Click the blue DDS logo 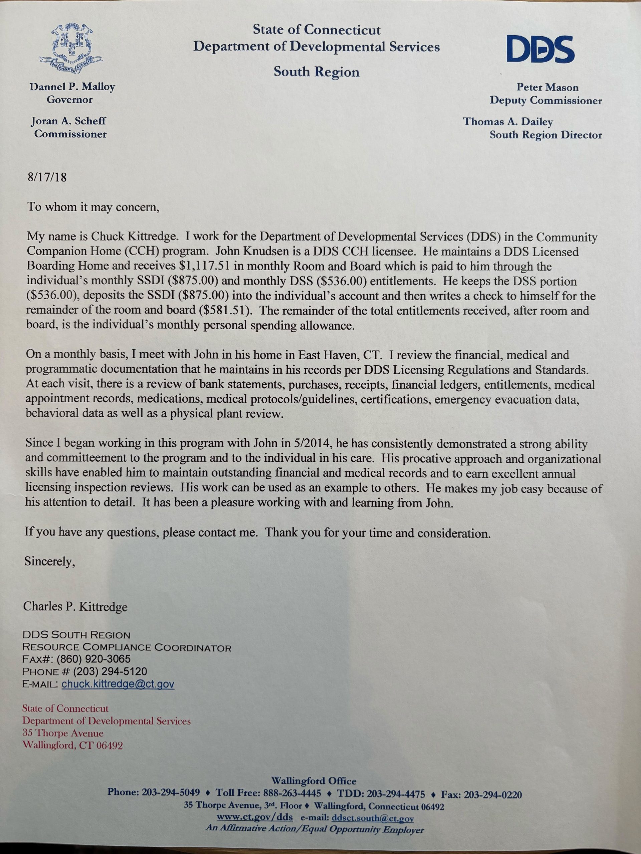(540, 50)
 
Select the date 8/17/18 (47, 177)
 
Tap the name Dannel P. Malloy (72, 87)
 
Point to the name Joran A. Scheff (68, 121)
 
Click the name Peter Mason (547, 87)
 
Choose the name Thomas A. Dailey (508, 122)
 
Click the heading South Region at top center (316, 72)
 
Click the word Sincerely (49, 561)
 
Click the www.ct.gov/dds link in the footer (255, 817)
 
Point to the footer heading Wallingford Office (314, 781)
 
